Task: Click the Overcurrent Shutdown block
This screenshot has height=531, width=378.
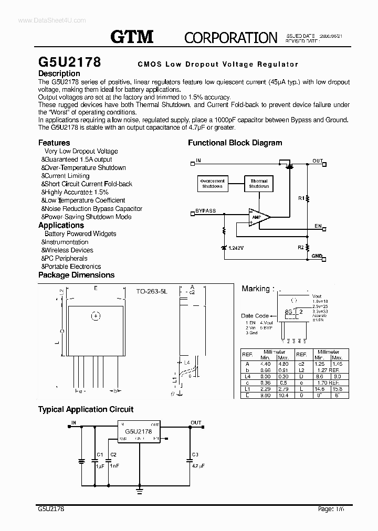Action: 212,184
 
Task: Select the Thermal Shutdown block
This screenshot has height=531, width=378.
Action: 259,184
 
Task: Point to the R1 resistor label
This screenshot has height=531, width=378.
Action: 301,198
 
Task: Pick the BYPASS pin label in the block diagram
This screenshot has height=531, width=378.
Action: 205,211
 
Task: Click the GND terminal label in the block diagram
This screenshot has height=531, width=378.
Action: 317,256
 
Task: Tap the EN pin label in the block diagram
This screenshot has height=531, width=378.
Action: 318,226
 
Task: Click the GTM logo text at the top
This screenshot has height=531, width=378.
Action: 132,36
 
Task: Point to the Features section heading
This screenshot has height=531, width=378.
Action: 54,143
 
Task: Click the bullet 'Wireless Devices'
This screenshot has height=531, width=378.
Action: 68,250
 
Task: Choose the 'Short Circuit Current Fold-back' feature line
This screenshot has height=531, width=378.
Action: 88,184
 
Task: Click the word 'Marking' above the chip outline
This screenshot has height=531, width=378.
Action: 256,289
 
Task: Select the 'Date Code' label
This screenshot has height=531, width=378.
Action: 255,316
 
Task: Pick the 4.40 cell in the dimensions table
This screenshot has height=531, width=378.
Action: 265,364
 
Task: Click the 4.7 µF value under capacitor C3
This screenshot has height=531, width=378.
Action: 198,465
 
